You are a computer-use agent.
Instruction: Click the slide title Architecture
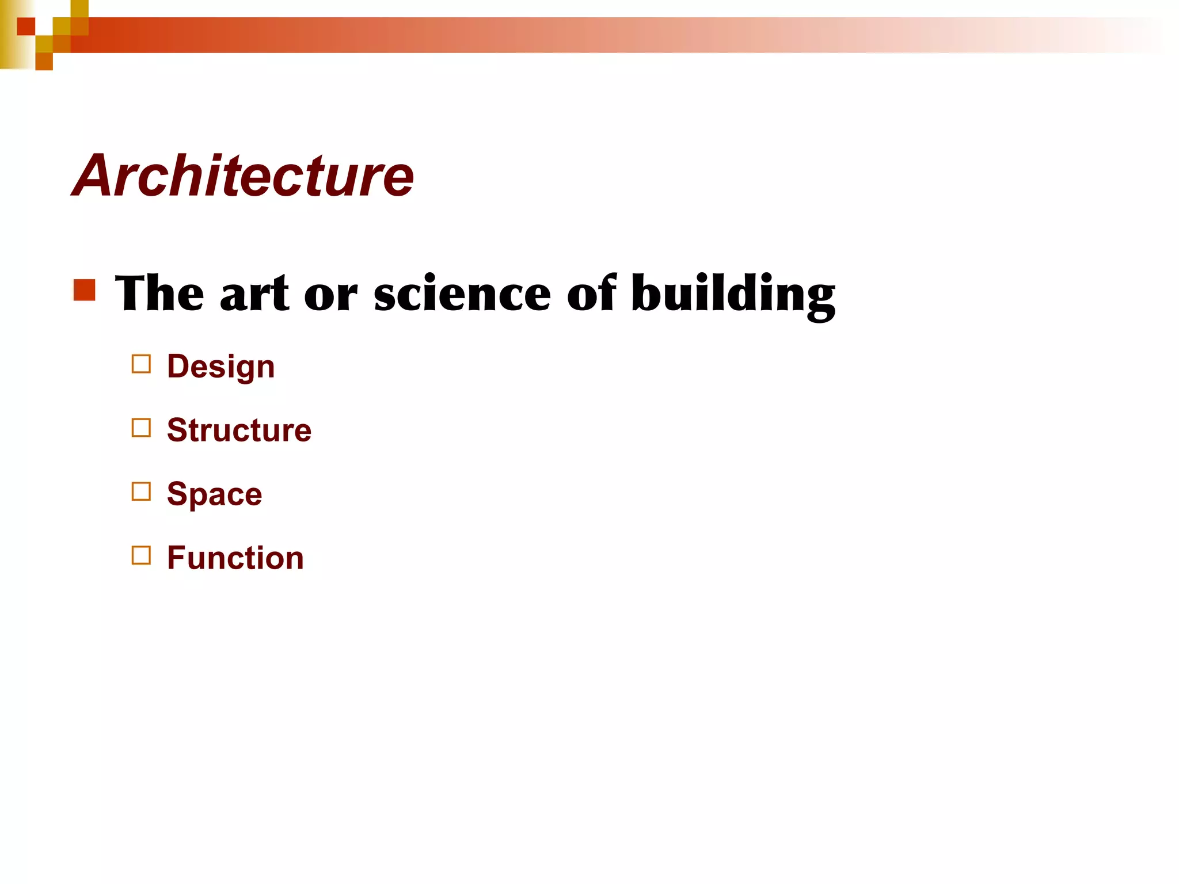(x=242, y=176)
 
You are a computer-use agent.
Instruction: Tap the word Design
(x=220, y=367)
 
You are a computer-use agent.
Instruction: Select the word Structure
(x=239, y=430)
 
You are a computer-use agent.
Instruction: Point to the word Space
(x=214, y=494)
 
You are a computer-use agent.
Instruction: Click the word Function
(x=235, y=558)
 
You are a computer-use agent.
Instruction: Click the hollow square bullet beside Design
(x=141, y=364)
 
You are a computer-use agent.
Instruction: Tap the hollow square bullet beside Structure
(x=141, y=428)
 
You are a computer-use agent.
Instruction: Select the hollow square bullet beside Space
(x=141, y=492)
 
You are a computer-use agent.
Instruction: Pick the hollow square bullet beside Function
(x=141, y=556)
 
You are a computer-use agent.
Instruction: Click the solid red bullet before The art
(x=85, y=290)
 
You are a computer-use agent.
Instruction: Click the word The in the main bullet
(x=159, y=293)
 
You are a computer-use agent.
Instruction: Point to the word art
(x=254, y=294)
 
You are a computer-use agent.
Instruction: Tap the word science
(x=462, y=294)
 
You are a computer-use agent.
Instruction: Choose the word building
(x=733, y=294)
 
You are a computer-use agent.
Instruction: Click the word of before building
(x=591, y=293)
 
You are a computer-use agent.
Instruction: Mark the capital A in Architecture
(x=94, y=176)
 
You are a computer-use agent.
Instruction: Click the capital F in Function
(x=176, y=558)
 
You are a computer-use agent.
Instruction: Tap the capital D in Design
(x=178, y=366)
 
